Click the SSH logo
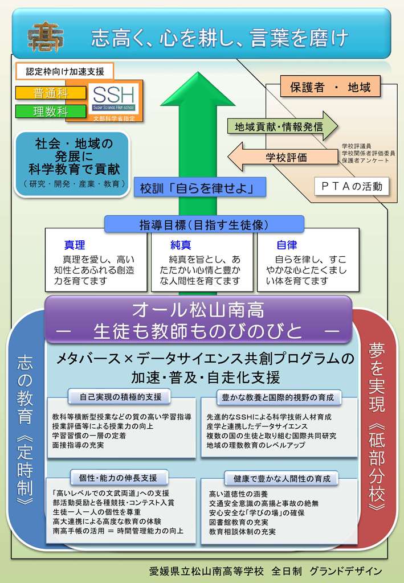click(113, 98)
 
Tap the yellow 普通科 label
click(51, 93)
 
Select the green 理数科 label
click(51, 111)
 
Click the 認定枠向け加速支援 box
click(65, 71)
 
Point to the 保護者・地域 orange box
click(330, 87)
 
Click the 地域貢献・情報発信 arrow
click(283, 126)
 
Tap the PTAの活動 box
click(352, 186)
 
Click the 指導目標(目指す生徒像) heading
click(204, 224)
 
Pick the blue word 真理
click(75, 245)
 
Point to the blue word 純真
click(181, 245)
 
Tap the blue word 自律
click(287, 245)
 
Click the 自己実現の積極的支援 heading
click(120, 397)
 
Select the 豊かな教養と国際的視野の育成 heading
click(278, 397)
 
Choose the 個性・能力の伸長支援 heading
click(119, 478)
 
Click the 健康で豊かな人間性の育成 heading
click(281, 478)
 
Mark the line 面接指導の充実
click(77, 445)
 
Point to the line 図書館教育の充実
click(238, 522)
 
